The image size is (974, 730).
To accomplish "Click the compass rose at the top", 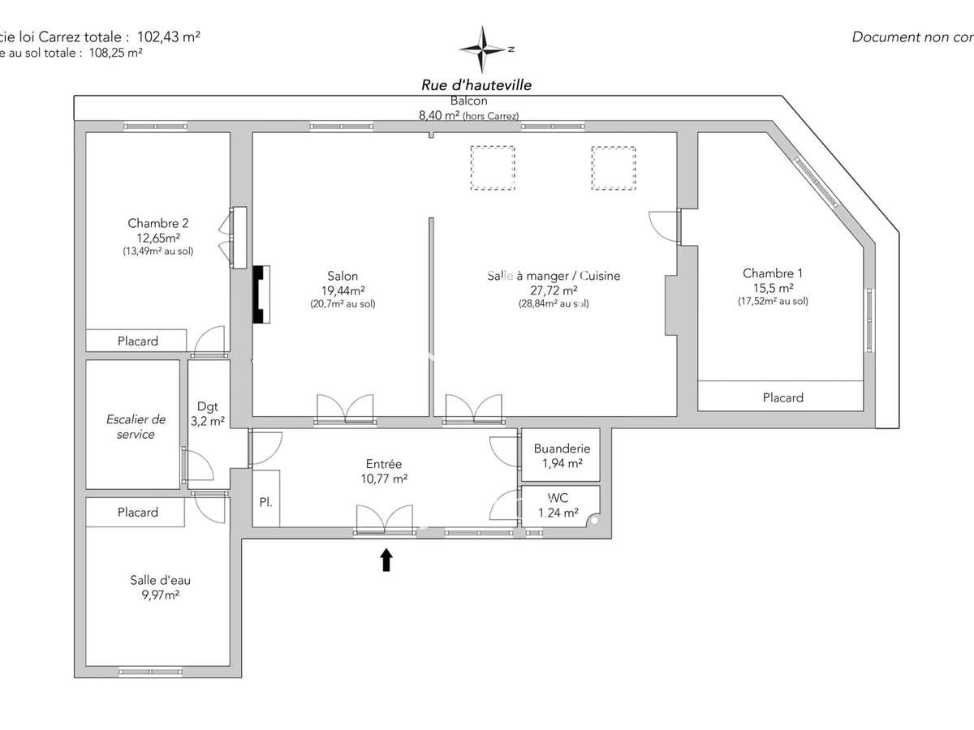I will click(x=484, y=49).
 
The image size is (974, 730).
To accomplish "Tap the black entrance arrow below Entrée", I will click(x=386, y=560).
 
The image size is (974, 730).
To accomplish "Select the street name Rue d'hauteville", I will click(x=476, y=84).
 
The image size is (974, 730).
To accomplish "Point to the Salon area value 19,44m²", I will click(x=343, y=290).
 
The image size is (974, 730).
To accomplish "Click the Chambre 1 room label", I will click(x=773, y=273).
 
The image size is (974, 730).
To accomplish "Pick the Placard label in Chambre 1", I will click(x=782, y=397).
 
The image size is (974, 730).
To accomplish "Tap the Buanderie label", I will click(x=562, y=449).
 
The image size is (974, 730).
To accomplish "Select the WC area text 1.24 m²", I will click(x=558, y=513).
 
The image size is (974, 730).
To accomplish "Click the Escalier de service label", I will click(x=136, y=427).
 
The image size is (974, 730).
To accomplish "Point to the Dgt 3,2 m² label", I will click(x=208, y=414).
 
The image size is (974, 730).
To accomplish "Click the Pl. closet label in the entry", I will click(x=265, y=502).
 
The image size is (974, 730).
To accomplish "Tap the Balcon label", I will click(x=469, y=101).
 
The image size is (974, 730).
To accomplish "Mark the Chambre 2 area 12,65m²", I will click(x=158, y=238).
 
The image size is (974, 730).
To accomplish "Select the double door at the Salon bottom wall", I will click(x=346, y=407).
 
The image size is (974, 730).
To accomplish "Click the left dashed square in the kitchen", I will click(x=492, y=168).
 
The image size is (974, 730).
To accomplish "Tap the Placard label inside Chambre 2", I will click(x=137, y=341).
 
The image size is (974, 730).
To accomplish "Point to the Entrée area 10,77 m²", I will click(x=383, y=479).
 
